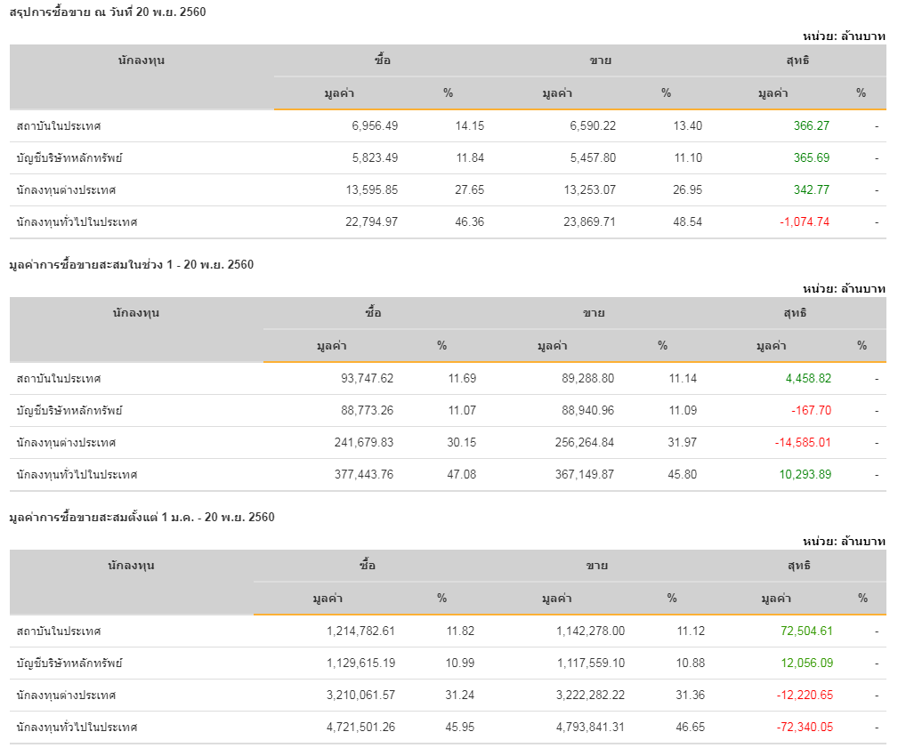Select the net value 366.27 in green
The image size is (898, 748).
click(811, 126)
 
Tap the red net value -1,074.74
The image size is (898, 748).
click(804, 222)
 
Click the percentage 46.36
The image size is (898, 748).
click(469, 222)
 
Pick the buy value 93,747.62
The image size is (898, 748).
click(367, 379)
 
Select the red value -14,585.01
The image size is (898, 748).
click(802, 443)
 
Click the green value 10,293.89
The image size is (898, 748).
click(808, 475)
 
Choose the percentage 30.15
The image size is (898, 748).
click(462, 443)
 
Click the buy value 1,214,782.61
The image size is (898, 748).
click(360, 631)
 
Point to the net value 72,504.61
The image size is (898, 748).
click(805, 631)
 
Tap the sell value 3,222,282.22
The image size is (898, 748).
click(590, 696)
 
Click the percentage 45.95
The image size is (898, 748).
click(460, 728)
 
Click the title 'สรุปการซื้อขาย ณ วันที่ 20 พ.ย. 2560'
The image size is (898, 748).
click(108, 12)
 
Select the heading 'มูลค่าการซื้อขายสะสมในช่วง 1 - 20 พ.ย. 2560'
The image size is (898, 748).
click(131, 264)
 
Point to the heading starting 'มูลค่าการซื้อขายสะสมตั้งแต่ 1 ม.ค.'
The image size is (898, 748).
click(142, 517)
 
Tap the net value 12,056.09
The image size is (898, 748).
click(805, 664)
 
